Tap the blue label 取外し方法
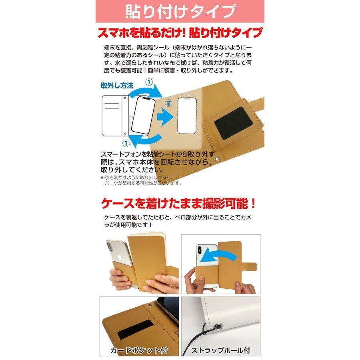click(x=116, y=86)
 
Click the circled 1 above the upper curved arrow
click(x=148, y=82)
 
